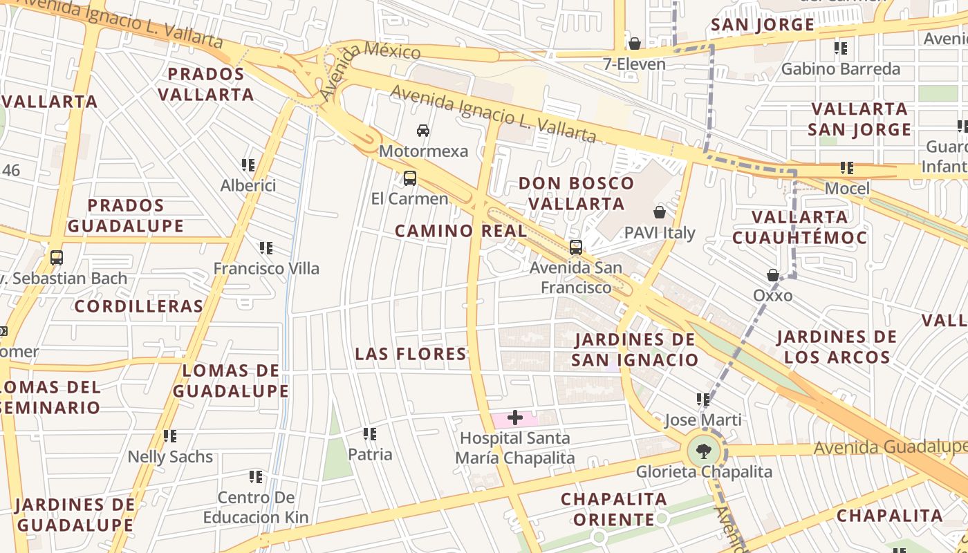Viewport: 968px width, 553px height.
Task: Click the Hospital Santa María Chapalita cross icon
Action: click(x=514, y=417)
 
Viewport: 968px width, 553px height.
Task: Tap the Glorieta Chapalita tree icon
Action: click(x=703, y=451)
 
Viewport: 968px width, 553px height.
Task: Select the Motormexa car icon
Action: click(x=422, y=130)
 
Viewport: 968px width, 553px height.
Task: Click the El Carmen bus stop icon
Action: click(x=409, y=178)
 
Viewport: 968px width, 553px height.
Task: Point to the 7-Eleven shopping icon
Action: click(x=634, y=44)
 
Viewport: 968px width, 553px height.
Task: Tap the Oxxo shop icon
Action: click(x=773, y=275)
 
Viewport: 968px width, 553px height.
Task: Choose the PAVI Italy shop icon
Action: click(x=659, y=212)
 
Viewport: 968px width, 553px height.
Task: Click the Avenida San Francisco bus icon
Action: click(x=575, y=247)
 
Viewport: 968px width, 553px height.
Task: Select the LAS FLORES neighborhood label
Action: click(x=411, y=354)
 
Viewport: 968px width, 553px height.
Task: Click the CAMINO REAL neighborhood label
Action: click(x=460, y=231)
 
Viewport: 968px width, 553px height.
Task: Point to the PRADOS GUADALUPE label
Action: click(x=126, y=216)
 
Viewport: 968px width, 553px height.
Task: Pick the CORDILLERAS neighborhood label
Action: click(x=139, y=306)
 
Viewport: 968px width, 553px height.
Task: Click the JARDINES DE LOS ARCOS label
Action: click(x=837, y=347)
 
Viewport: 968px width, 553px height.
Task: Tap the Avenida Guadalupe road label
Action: click(x=889, y=447)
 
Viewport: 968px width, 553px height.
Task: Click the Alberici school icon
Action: click(x=248, y=165)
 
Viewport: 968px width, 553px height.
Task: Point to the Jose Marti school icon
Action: click(x=703, y=399)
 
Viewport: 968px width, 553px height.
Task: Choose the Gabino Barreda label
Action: click(x=841, y=68)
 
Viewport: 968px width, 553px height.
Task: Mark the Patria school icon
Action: click(x=370, y=433)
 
